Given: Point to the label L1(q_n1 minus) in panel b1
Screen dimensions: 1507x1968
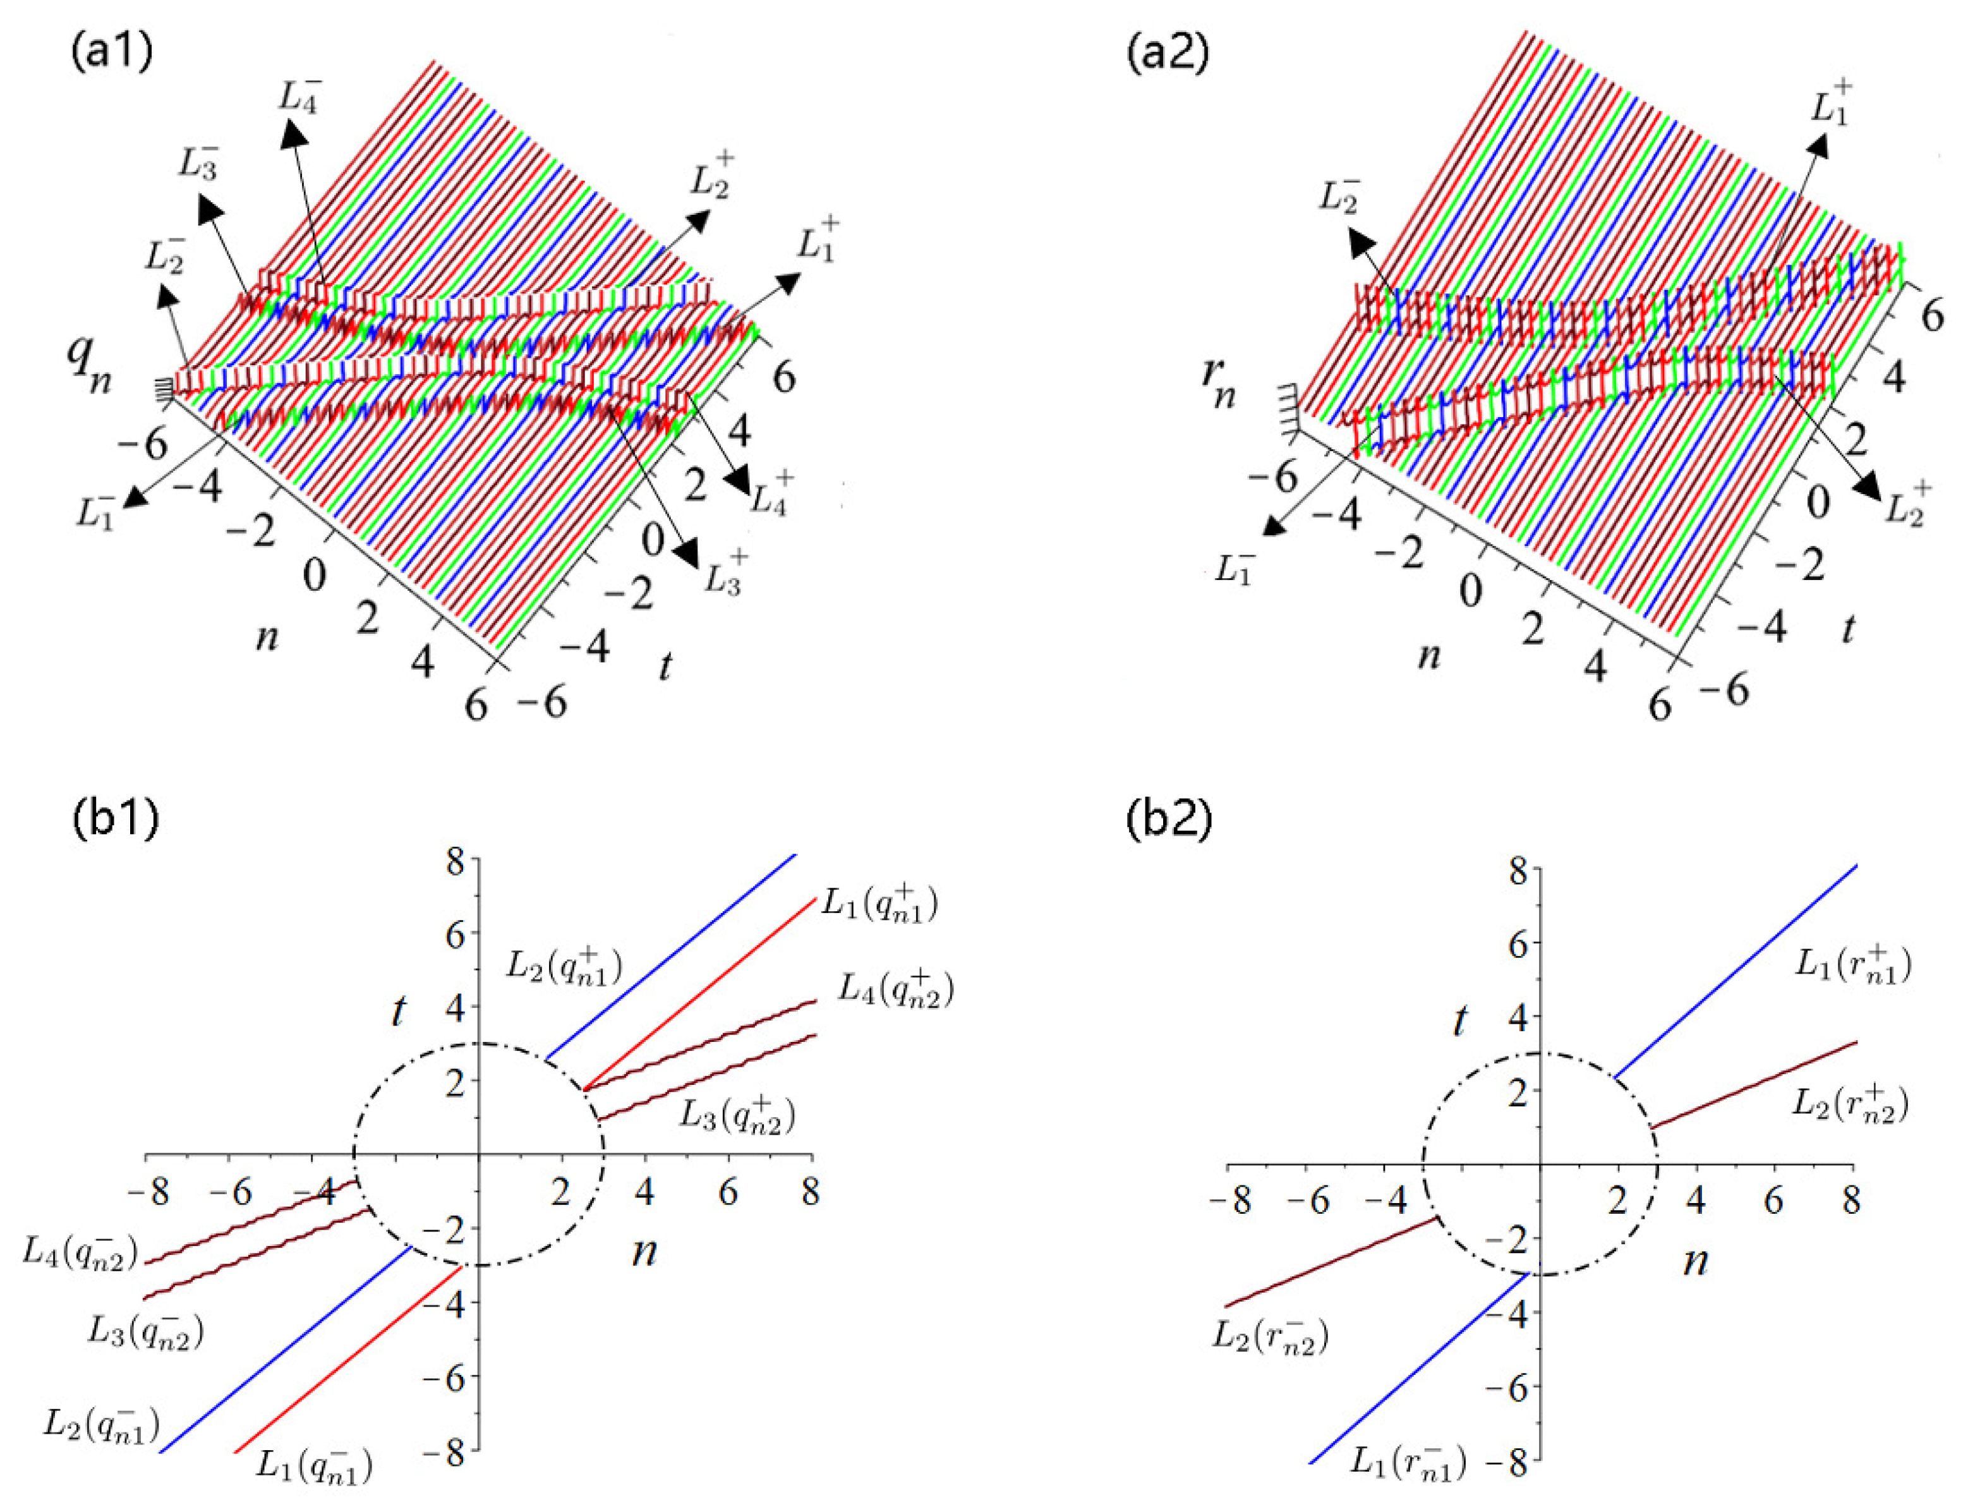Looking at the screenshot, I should pos(314,1464).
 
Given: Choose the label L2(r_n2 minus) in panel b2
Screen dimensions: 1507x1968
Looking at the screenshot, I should pos(1270,1336).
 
